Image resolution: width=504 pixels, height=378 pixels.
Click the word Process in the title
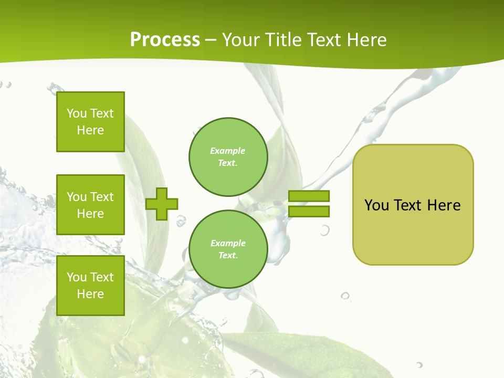(x=165, y=40)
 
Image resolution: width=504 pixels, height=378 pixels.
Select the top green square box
(x=90, y=122)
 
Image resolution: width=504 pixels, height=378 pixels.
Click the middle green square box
(x=90, y=205)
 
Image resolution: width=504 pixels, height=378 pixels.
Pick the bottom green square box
(x=90, y=286)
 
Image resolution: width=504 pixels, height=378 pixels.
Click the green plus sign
(x=162, y=204)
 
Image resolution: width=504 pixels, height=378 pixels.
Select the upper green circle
(x=228, y=157)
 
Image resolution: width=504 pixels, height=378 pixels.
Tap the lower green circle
(x=228, y=249)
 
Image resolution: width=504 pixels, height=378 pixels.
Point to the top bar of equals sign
(x=309, y=196)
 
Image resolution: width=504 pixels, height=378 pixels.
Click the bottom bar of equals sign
(x=309, y=212)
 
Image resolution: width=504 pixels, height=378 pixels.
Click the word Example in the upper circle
(x=228, y=151)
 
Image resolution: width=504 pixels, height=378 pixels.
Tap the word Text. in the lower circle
(x=228, y=256)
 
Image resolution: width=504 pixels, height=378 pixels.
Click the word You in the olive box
(x=376, y=205)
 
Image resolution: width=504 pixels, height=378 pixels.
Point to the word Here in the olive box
(x=444, y=205)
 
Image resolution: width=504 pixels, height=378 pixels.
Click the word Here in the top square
(x=90, y=130)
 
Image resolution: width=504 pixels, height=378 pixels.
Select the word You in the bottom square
(x=77, y=277)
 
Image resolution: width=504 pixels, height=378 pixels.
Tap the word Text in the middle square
(x=102, y=197)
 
